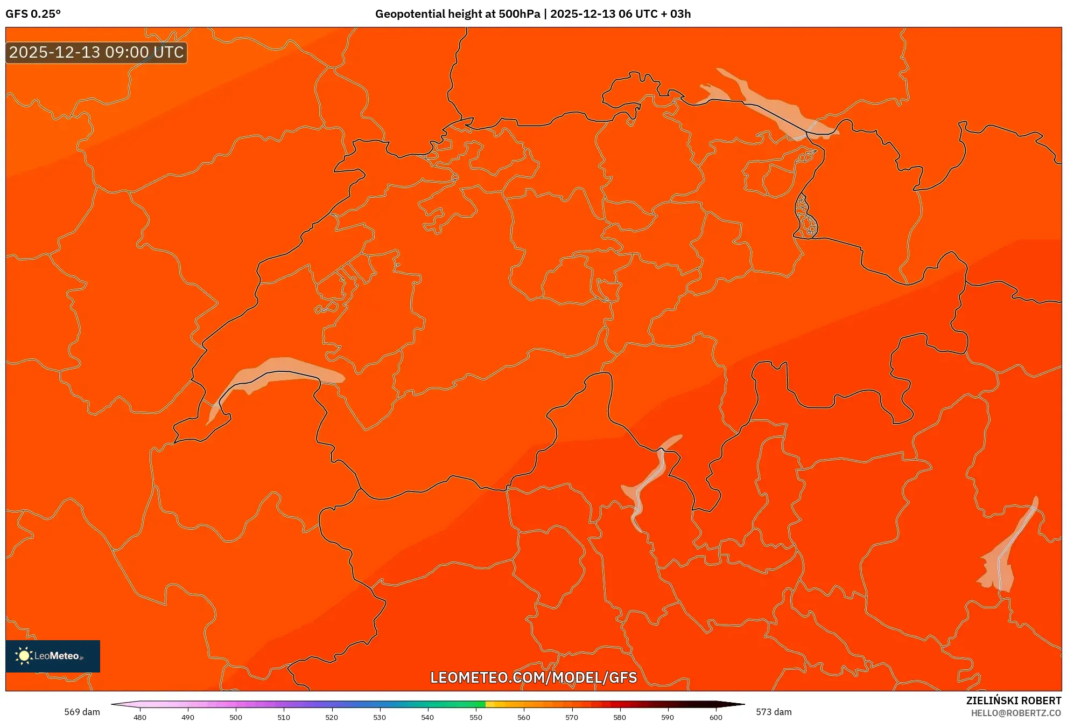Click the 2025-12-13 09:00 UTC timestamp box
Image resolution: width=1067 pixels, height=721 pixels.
(x=96, y=52)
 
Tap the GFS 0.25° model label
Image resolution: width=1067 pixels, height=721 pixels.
(x=33, y=14)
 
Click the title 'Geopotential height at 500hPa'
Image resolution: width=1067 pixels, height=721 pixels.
(x=457, y=14)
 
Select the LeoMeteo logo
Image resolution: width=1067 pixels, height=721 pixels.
(x=53, y=656)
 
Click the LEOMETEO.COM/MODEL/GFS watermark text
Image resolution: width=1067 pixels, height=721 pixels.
(x=533, y=677)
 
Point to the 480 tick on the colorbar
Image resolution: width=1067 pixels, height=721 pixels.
(x=140, y=717)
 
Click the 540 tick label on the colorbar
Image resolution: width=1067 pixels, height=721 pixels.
(x=427, y=717)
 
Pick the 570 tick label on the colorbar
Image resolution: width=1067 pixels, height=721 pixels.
(x=571, y=717)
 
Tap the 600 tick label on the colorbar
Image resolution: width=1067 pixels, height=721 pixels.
(x=715, y=717)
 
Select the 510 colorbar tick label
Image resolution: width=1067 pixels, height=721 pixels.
(x=284, y=717)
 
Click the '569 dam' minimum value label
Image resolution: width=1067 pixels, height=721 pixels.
(x=82, y=712)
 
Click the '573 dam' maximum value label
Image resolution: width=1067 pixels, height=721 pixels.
(x=774, y=712)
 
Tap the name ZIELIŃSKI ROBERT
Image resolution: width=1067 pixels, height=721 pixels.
(x=1013, y=701)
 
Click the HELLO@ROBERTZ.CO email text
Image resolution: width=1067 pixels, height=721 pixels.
(x=1015, y=713)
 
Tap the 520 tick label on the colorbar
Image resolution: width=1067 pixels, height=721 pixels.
(x=332, y=717)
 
